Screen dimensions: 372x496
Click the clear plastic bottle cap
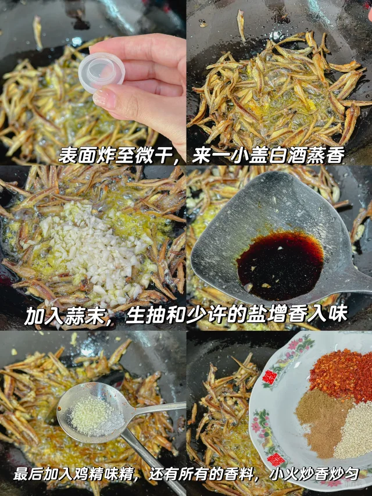[x=102, y=72]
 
